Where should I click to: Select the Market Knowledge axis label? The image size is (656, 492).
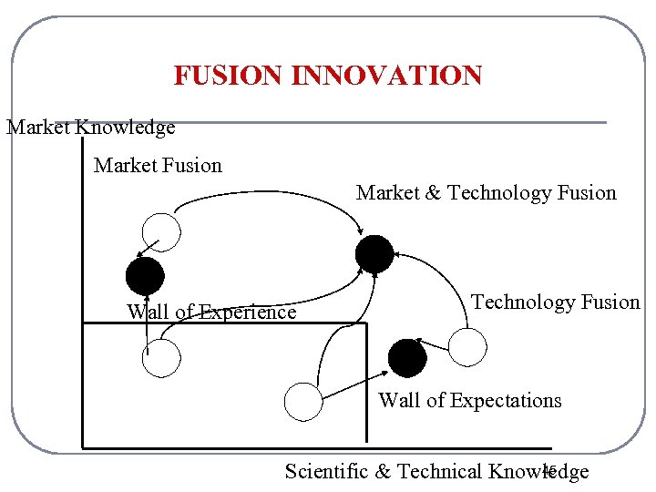(x=91, y=128)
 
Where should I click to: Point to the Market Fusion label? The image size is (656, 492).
(x=158, y=166)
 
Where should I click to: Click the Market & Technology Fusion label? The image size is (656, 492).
(x=486, y=193)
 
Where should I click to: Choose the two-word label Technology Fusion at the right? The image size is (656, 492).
(x=555, y=302)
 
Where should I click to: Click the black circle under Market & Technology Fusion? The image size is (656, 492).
(x=374, y=254)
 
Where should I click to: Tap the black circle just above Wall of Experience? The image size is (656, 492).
(x=144, y=276)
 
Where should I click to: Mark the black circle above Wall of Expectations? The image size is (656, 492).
(x=407, y=357)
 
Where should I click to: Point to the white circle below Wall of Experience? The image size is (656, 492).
(x=162, y=359)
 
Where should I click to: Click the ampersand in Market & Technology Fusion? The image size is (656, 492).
(x=433, y=193)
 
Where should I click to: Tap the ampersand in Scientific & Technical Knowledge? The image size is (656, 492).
(x=383, y=471)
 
